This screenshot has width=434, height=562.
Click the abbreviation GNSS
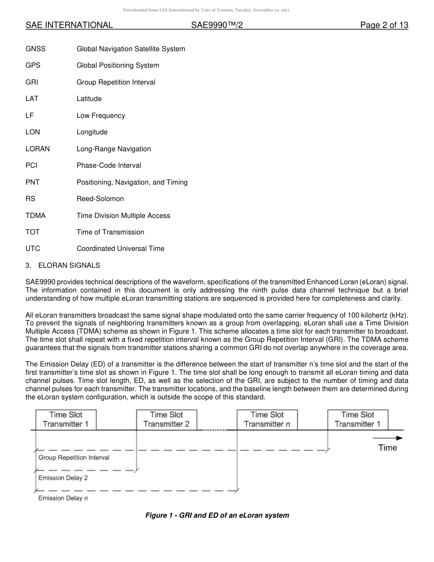(x=36, y=49)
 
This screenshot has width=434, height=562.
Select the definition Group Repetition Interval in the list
(x=116, y=82)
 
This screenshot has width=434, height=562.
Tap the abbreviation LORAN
(x=37, y=149)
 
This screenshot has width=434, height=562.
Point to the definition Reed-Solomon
(x=100, y=199)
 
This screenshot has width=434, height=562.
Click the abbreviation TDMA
(x=36, y=216)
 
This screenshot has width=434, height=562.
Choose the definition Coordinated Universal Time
(x=120, y=249)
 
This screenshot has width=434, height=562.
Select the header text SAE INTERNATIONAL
(x=69, y=25)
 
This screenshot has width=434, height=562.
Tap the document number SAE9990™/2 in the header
(x=217, y=25)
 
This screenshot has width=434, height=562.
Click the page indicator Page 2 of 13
(x=384, y=25)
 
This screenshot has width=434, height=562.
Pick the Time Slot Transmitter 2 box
(x=166, y=419)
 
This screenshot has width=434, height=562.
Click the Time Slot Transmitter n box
(x=267, y=419)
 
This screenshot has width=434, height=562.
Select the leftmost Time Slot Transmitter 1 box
(x=66, y=419)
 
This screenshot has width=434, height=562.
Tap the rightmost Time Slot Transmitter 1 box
(x=357, y=419)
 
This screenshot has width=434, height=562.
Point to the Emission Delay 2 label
(x=63, y=478)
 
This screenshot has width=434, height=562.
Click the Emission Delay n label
(x=63, y=498)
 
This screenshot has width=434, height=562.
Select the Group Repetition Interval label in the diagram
(x=74, y=457)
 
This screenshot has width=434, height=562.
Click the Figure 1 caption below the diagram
(x=217, y=515)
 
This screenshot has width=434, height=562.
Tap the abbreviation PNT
(x=32, y=182)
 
